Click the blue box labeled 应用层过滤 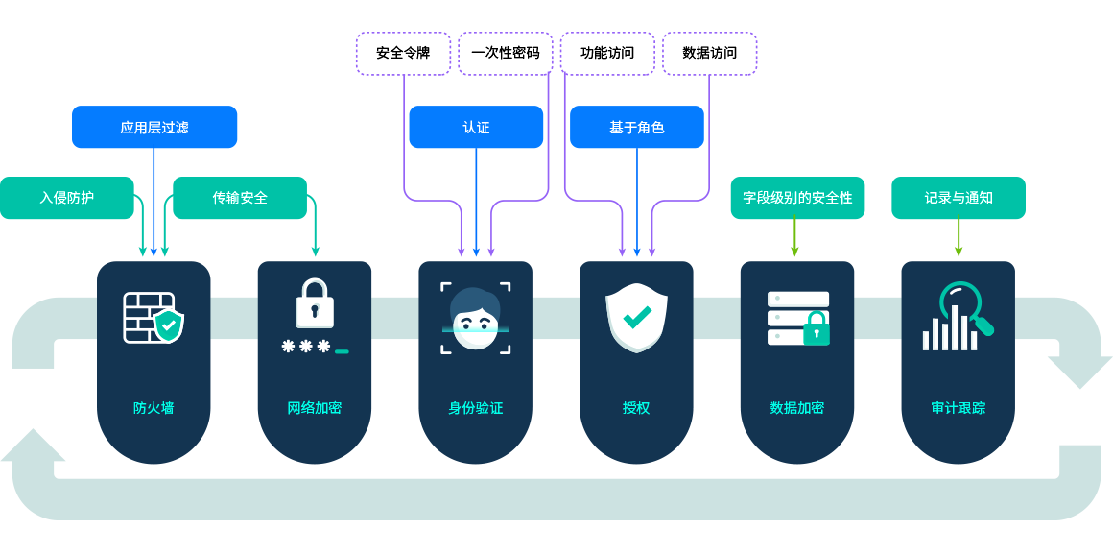point(154,127)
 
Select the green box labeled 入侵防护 point(66,198)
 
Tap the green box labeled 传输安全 point(240,198)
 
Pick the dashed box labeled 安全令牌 point(403,53)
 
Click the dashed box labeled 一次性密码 point(505,53)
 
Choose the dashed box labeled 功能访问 point(607,53)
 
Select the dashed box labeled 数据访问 point(709,53)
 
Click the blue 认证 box point(476,127)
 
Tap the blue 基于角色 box point(636,127)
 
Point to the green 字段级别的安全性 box point(797,198)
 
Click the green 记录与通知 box point(958,198)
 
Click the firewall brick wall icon point(154,318)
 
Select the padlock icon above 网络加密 point(315,305)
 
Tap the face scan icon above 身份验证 point(476,318)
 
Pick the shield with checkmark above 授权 point(636,317)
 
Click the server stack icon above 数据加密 point(798,318)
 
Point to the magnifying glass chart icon point(958,317)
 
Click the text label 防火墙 point(154,408)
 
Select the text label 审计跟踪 point(958,408)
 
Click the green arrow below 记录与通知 point(958,238)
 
